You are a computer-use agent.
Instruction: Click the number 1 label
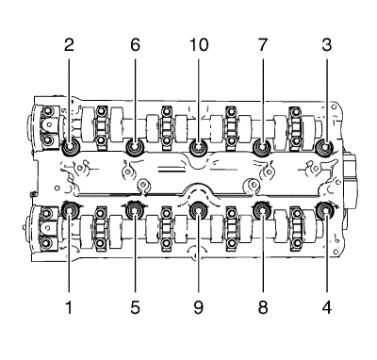pos(69,307)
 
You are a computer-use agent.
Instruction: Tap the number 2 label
pos(69,45)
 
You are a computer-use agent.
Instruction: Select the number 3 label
pos(327,45)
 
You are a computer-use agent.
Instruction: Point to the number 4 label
pos(327,307)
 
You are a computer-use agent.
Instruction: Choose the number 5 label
pos(135,307)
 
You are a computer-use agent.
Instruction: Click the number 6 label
pos(135,45)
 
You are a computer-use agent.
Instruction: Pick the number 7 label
pos(263,45)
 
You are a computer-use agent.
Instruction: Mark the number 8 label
pos(263,307)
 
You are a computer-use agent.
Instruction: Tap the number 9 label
pos(199,307)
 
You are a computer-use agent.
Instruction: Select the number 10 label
pos(199,45)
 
